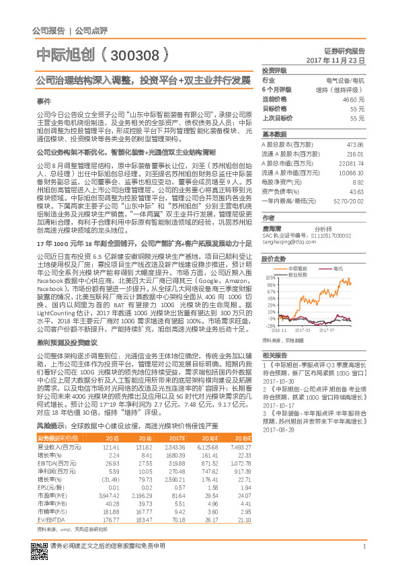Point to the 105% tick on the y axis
pos(271,277)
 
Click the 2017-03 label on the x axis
pos(303,331)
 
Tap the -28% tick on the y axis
pos(271,327)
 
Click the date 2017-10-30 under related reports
pos(276,379)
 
